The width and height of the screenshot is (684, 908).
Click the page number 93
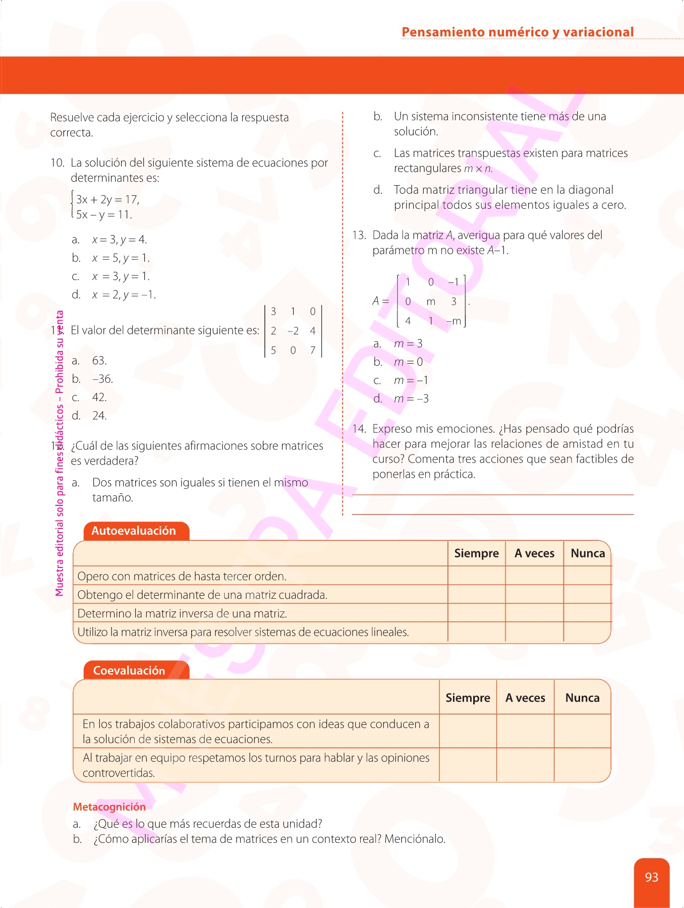pos(651,877)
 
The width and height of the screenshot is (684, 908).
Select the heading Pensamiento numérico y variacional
pos(518,32)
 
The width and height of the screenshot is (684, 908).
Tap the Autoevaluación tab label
pos(134,531)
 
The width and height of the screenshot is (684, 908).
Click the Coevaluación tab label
pos(129,670)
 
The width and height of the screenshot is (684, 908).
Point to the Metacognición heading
pos(109,807)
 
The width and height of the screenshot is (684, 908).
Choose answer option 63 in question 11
pos(99,361)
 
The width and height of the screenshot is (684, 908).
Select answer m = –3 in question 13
pos(411,399)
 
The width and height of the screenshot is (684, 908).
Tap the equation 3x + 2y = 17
pos(107,200)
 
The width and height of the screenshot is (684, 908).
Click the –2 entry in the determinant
pos(293,331)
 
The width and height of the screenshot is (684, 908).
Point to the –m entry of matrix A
pos(453,321)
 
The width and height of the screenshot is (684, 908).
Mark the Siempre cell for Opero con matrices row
pos(476,576)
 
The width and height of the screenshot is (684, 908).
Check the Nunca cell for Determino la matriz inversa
pos(587,613)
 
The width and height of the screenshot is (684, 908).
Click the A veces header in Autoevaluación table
pos(534,553)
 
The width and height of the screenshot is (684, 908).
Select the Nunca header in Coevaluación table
pos(582,698)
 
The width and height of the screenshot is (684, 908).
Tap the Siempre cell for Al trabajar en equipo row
pos(468,765)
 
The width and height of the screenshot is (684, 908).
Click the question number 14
pos(359,429)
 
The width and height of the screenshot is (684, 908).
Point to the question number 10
pos(57,163)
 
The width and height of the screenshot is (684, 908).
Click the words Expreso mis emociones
pos(433,429)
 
